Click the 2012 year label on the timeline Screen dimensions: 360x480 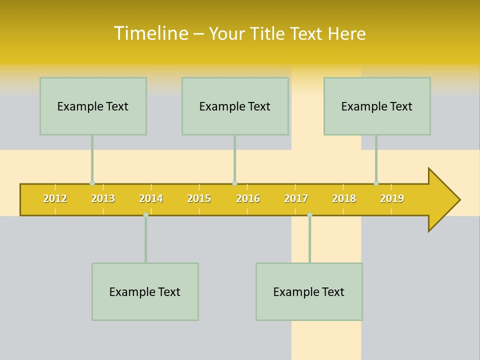[55, 198]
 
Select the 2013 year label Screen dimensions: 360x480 [103, 198]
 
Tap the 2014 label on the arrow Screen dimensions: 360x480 [151, 198]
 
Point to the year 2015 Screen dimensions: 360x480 [199, 198]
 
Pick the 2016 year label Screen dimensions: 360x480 [248, 198]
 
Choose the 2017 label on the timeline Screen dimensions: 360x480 [296, 198]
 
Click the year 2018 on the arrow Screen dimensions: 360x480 [344, 198]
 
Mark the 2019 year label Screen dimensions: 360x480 [392, 198]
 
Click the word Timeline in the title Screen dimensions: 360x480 [150, 33]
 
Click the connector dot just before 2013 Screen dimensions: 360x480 [92, 183]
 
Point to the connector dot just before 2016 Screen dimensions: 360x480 [234, 183]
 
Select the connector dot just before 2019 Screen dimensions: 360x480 [376, 183]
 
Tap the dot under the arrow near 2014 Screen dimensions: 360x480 [145, 215]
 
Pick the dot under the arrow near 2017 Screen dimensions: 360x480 [309, 215]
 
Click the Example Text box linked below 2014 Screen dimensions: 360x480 [145, 291]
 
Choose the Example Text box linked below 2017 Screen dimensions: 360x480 [309, 291]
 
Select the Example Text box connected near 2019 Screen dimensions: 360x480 [377, 106]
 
